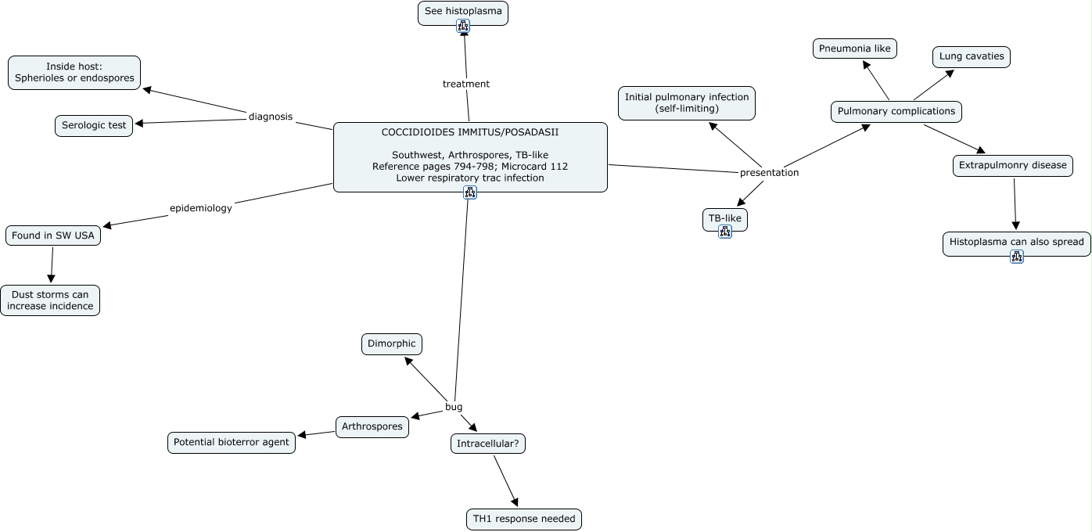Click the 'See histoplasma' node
coord(463,12)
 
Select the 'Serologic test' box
coord(94,125)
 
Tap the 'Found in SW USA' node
coord(53,235)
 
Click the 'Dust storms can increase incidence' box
coord(50,300)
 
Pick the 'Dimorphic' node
coord(392,344)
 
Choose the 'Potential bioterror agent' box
coord(232,443)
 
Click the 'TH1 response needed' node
coord(524,519)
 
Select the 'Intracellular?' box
coord(488,444)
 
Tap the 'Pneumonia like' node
coord(855,49)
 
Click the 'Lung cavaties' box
coord(972,57)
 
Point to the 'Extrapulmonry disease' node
coord(1013,166)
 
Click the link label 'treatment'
coord(466,84)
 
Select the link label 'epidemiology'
coord(201,208)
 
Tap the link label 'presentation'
coord(770,172)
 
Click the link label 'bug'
coord(454,407)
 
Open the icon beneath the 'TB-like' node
coord(725,232)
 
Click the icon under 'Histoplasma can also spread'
coord(1017,257)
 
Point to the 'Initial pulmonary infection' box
coord(687,102)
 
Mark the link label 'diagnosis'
coord(271,117)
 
